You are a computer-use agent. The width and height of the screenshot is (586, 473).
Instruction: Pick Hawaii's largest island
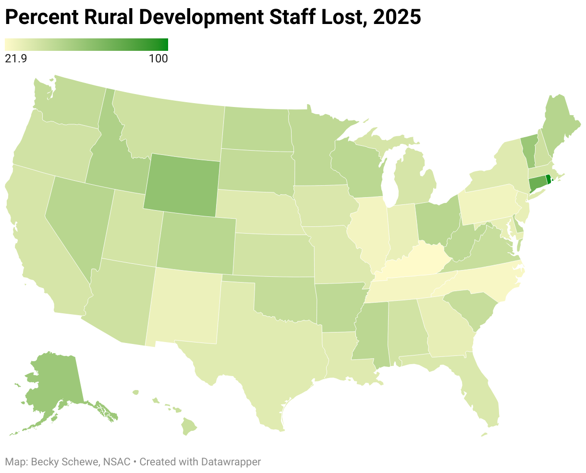click(190, 426)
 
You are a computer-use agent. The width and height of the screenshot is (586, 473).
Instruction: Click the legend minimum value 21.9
click(14, 59)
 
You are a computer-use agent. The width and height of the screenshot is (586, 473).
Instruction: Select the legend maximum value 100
click(158, 59)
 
